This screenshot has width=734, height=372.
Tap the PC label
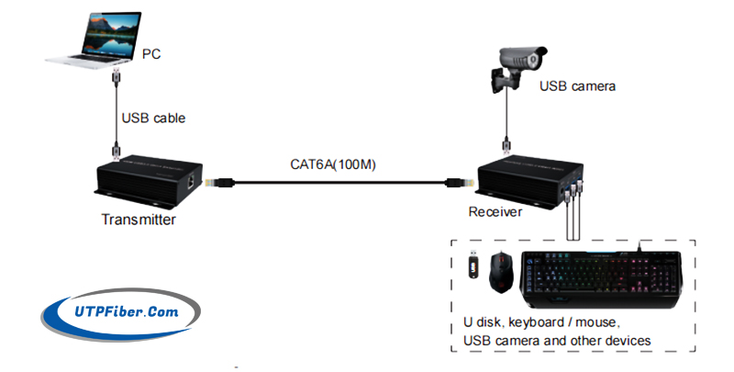(x=152, y=54)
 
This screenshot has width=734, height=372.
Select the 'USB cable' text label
(x=152, y=118)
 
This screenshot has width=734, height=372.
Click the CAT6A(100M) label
(x=333, y=165)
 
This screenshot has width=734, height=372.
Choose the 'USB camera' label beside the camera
(x=577, y=86)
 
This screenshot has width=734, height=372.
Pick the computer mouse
(x=501, y=273)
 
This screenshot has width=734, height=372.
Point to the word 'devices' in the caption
(x=625, y=341)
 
